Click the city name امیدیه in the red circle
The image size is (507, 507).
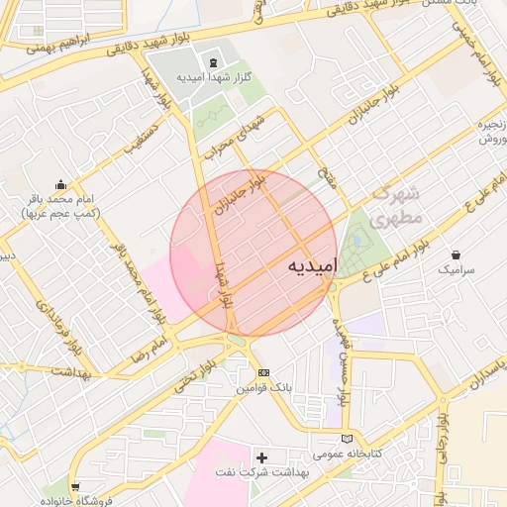(x=310, y=266)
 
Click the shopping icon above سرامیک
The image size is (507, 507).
(x=456, y=254)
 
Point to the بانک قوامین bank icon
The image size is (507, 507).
(x=262, y=372)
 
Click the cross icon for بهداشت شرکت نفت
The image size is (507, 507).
(x=261, y=457)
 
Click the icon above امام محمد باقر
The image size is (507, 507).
(x=61, y=183)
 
